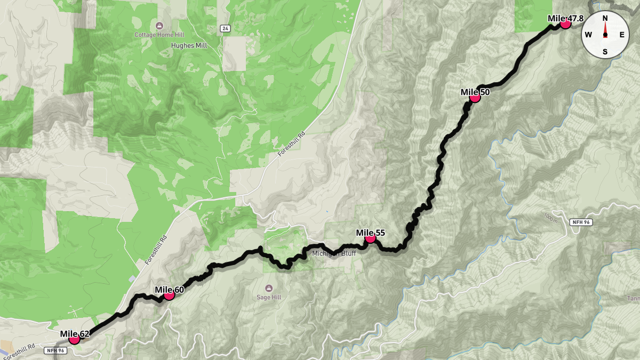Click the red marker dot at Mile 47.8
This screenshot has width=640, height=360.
click(x=565, y=23)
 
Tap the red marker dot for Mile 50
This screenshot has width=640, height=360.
click(x=475, y=97)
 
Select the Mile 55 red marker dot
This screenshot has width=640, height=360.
click(x=370, y=238)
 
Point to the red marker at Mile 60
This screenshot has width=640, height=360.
click(x=169, y=294)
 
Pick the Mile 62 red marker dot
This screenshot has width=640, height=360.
click(x=74, y=339)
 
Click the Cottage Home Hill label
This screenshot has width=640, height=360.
click(x=159, y=35)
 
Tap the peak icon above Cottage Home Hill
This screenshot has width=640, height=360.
click(x=159, y=26)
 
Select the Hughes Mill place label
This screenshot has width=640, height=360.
click(x=189, y=46)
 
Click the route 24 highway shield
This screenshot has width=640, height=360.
click(x=226, y=28)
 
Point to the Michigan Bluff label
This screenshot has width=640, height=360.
click(x=334, y=253)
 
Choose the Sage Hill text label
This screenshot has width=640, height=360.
click(x=269, y=297)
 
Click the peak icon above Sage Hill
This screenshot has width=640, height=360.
click(x=269, y=287)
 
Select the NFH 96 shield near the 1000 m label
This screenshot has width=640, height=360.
click(x=581, y=222)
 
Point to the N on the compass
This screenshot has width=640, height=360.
click(x=605, y=18)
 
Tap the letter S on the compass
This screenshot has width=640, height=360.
click(x=605, y=52)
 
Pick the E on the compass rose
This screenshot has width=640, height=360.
click(x=622, y=35)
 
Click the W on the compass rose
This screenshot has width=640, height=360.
click(x=588, y=35)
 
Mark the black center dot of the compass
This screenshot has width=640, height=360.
click(x=605, y=35)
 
